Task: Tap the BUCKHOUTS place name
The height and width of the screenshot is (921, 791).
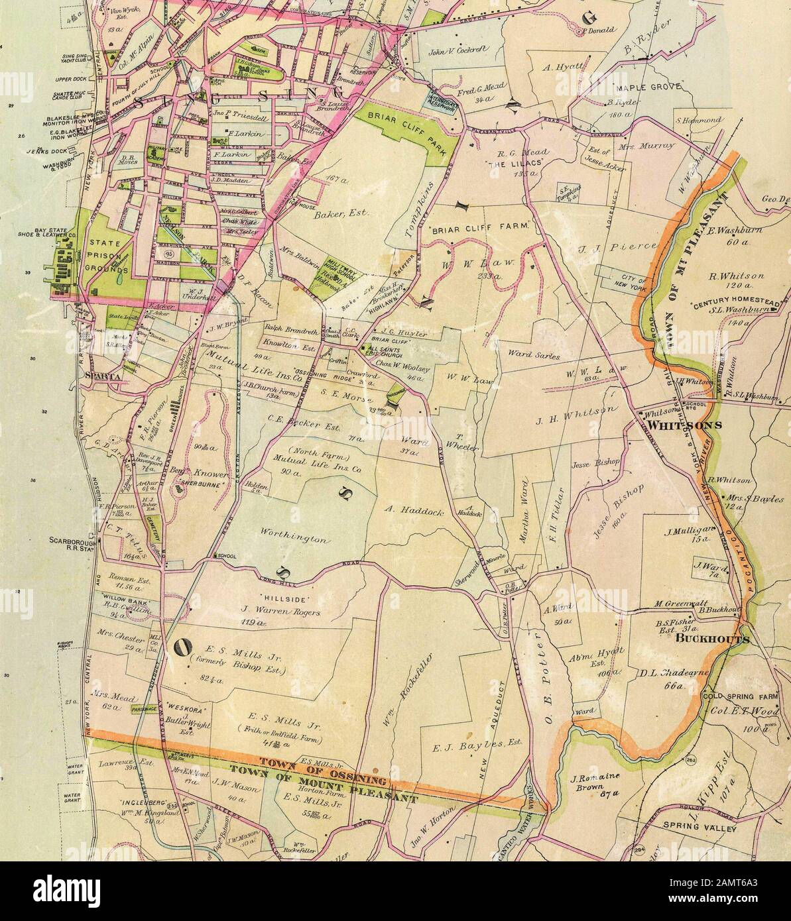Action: coord(713,639)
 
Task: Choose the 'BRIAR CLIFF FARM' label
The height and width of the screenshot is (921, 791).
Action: coord(482,227)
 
